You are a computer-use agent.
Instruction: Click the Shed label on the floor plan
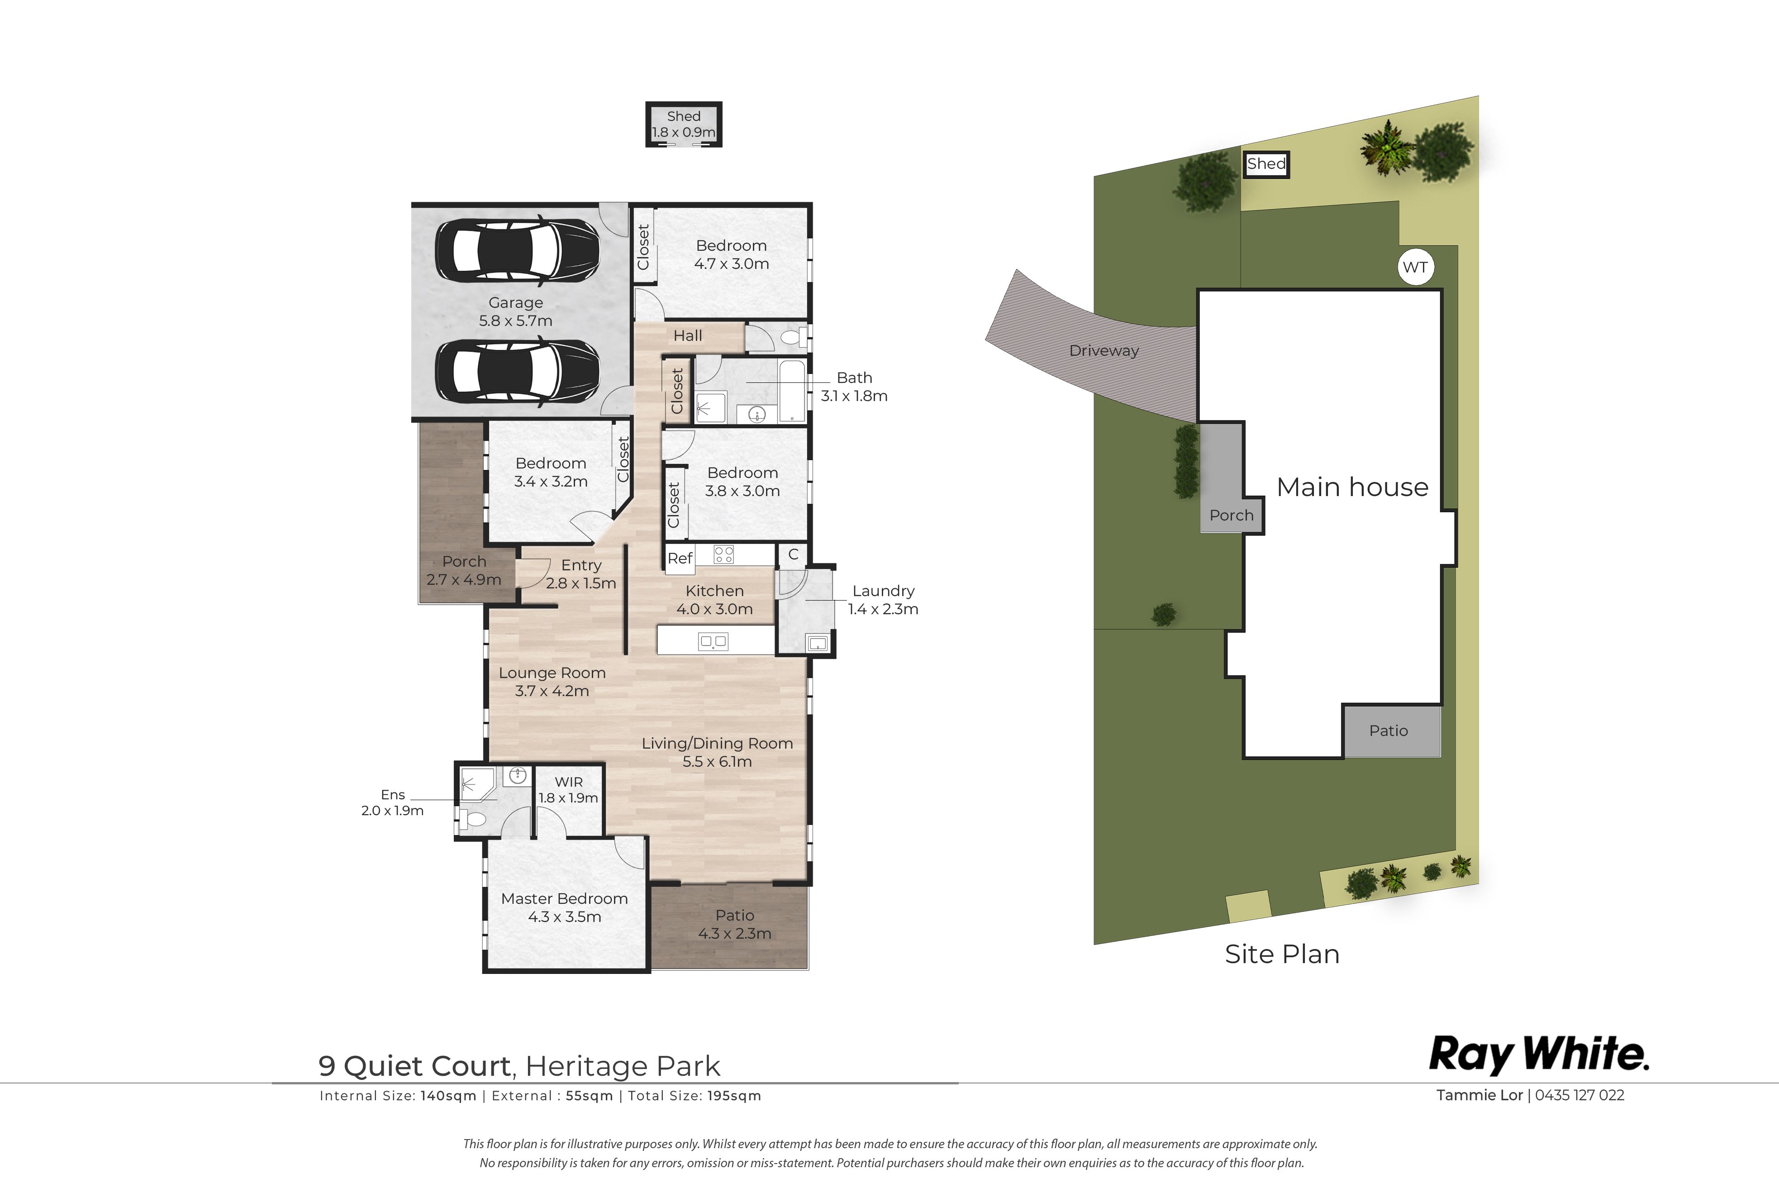click(683, 116)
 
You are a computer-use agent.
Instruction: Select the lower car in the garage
click(517, 372)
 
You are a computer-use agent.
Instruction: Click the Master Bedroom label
click(564, 898)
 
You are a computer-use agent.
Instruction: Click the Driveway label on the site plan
click(1104, 351)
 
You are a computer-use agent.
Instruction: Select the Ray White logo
click(1539, 1054)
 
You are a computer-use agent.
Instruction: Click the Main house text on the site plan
click(1352, 487)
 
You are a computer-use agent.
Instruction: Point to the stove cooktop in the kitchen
click(723, 554)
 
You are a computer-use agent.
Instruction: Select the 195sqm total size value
click(734, 1096)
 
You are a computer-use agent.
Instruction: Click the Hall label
click(688, 336)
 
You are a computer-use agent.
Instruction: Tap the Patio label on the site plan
click(1388, 731)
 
